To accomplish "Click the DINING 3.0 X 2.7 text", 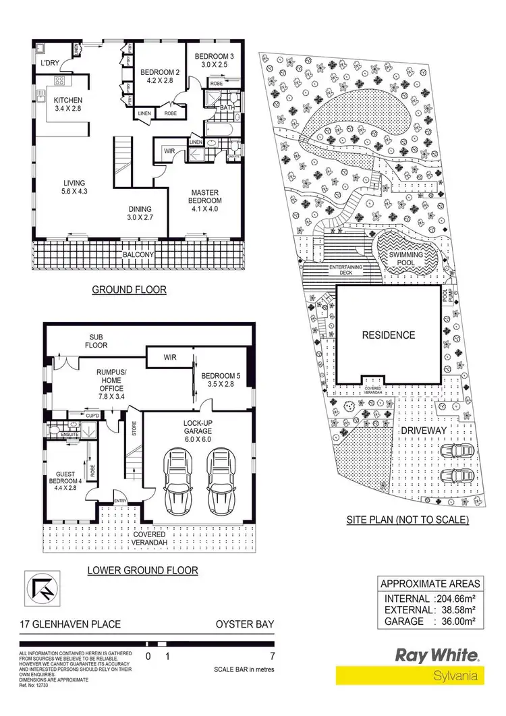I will [140, 213].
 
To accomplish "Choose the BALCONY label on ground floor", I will [139, 255].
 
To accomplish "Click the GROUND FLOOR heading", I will [129, 290].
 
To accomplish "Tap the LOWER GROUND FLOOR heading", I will [142, 570].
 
